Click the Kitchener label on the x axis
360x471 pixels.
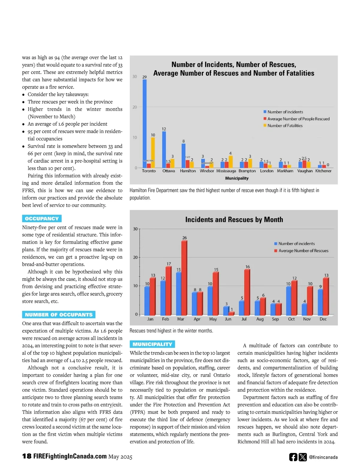(323, 171)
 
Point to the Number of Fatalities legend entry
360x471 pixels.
(285, 126)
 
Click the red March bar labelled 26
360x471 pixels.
(184, 278)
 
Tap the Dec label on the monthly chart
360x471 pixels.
(323, 319)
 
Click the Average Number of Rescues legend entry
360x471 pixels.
(303, 251)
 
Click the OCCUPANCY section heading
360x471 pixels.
(42, 219)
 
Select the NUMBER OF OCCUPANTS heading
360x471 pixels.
(59, 315)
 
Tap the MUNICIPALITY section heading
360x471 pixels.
(152, 344)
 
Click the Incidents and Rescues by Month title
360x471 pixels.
(234, 220)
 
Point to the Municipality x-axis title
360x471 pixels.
(237, 178)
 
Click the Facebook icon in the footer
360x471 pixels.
(293, 457)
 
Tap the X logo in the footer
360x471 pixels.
(303, 457)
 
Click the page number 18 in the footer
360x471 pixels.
(27, 456)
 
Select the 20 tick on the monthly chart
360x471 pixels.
(135, 257)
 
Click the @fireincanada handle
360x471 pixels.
(323, 457)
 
